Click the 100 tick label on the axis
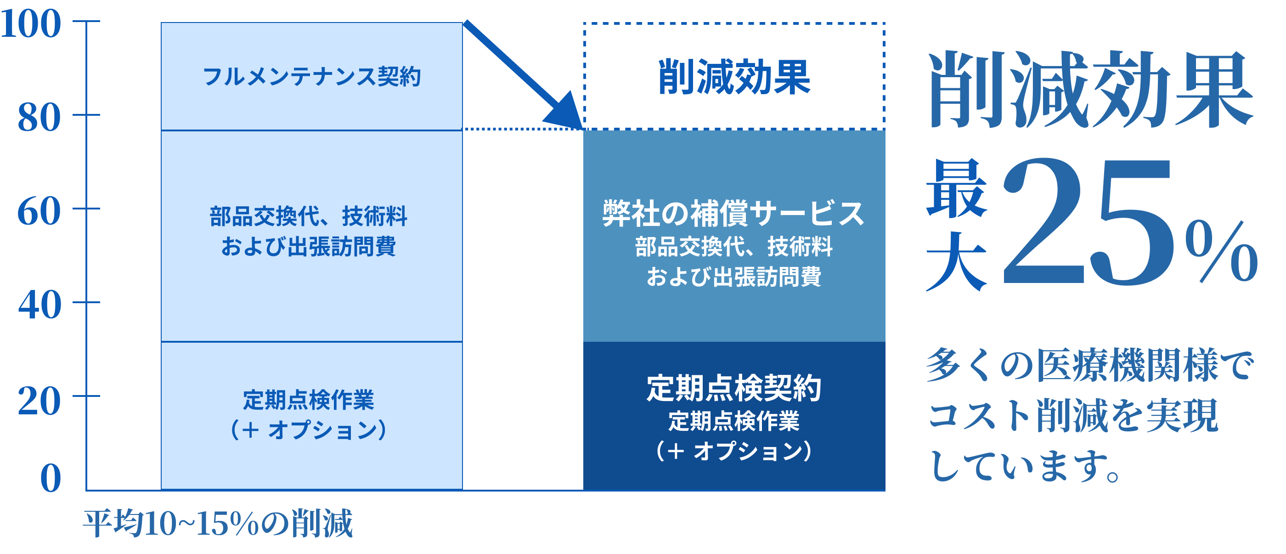[x=31, y=24]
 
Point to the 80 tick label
[x=39, y=118]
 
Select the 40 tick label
[x=39, y=305]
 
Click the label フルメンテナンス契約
[x=311, y=77]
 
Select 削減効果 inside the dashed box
[x=734, y=77]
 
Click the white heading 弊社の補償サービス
[x=733, y=213]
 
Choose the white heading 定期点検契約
[x=733, y=388]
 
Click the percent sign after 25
[x=1221, y=252]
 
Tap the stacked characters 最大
[x=956, y=225]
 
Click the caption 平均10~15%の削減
[x=218, y=524]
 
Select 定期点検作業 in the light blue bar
[x=309, y=400]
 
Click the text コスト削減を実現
[x=1073, y=415]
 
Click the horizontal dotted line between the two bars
[x=522, y=129]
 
